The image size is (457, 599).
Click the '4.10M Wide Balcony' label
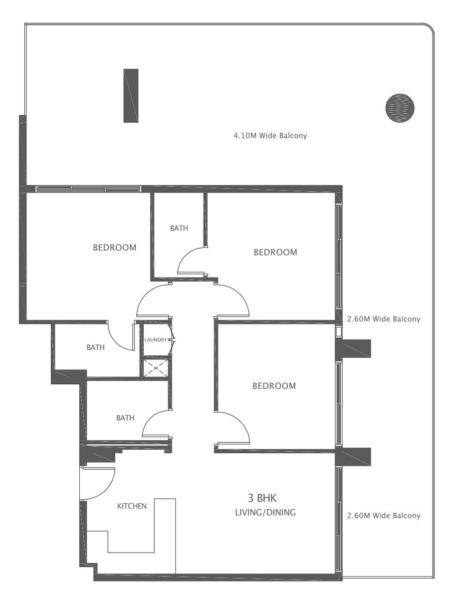pos(270,135)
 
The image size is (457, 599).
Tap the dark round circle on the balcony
pos(400,107)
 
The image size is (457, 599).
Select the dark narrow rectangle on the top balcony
pos(131,95)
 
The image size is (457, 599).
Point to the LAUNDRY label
pos(155,340)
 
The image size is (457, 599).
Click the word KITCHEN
pos(132,506)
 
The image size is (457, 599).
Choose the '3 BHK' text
pos(262,498)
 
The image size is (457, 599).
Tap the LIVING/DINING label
pos(265,512)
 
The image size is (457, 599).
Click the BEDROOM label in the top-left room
pos(114,248)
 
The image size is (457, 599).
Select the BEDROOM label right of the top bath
pos(275,252)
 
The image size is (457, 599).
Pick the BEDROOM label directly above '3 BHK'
pos(274,386)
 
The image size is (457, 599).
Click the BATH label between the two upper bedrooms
pos(179,229)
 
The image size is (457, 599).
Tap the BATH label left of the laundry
pos(95,347)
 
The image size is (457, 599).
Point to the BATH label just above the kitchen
pos(125,418)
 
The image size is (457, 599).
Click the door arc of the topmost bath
pos(190,260)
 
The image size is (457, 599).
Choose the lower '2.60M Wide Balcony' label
pos(383,516)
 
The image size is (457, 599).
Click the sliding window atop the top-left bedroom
pos(88,189)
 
